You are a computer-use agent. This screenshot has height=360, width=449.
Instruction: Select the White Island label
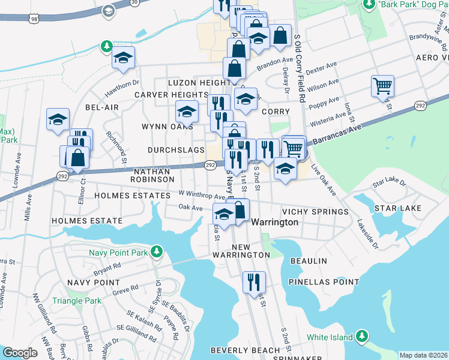[x=330, y=337]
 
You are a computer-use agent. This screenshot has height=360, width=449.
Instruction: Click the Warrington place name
[x=274, y=222]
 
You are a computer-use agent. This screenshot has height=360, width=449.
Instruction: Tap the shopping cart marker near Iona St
[x=382, y=86]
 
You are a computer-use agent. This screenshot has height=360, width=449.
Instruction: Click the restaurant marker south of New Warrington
[x=254, y=281]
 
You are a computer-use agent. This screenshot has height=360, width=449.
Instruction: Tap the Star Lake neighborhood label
[x=397, y=208]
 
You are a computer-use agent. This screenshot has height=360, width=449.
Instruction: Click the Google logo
[x=20, y=353]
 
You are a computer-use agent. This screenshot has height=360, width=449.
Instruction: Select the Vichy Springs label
[x=315, y=212]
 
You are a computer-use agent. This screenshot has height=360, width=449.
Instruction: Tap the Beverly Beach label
[x=245, y=350]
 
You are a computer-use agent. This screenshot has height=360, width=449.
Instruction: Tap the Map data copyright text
[x=423, y=355]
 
